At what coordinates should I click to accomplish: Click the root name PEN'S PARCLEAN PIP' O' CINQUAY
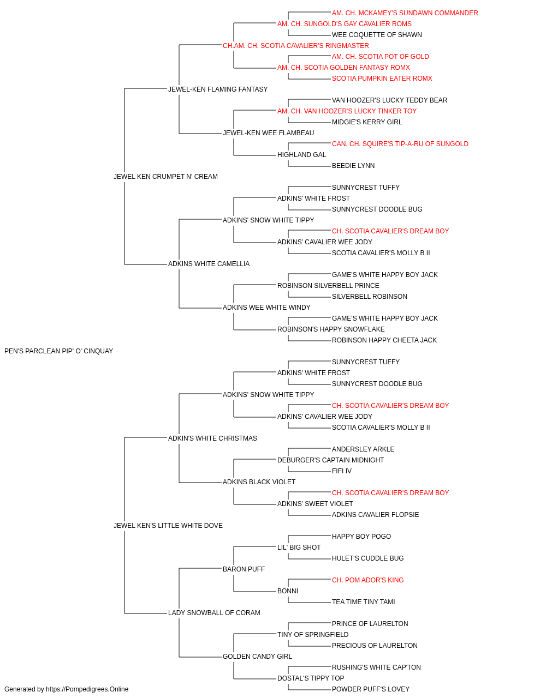tap(58, 351)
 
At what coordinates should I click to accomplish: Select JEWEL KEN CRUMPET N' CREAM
tap(165, 177)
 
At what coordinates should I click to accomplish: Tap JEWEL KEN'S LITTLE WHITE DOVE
tap(168, 526)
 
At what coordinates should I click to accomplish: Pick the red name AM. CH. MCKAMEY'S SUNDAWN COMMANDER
tap(405, 13)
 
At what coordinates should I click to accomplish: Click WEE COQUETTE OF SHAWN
tap(377, 35)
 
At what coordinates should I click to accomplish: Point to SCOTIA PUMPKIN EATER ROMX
tap(382, 79)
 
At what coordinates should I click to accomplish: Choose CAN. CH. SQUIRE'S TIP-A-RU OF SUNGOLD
tap(400, 144)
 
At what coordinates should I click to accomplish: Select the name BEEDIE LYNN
tap(353, 166)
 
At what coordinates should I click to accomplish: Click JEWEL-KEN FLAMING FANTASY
tap(218, 89)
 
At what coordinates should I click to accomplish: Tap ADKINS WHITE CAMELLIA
tap(209, 264)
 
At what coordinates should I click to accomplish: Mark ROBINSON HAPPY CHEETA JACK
tap(384, 340)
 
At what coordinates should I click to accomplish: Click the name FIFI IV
tap(341, 471)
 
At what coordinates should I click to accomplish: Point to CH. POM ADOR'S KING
tap(367, 580)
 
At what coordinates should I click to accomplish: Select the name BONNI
tap(288, 591)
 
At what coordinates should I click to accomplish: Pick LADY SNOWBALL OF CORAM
tap(214, 613)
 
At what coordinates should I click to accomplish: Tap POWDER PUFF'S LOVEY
tap(370, 689)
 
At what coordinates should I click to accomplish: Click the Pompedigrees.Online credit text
tap(66, 689)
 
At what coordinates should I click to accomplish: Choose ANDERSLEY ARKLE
tap(363, 449)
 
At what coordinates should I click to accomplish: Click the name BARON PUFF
tap(244, 569)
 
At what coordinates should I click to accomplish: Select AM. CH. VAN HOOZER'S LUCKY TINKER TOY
tap(347, 111)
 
